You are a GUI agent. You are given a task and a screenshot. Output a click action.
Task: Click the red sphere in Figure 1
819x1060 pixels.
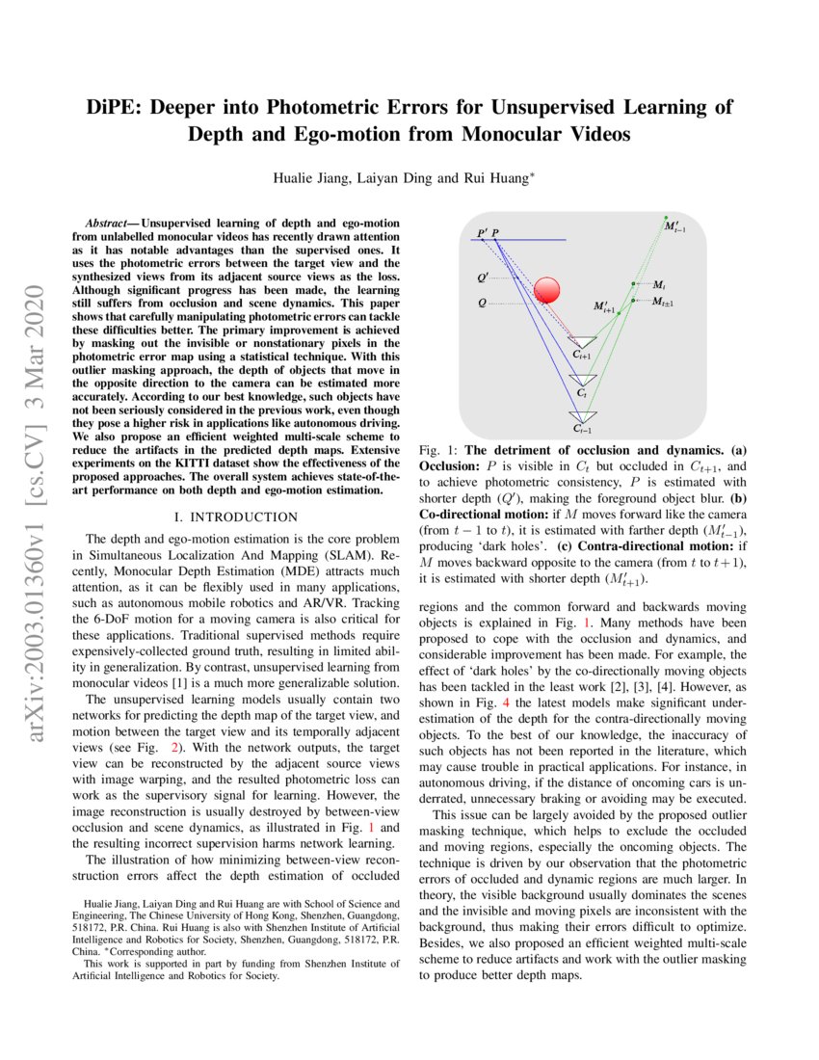pos(546,290)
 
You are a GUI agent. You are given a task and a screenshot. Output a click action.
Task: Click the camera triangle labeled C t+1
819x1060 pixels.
pos(583,342)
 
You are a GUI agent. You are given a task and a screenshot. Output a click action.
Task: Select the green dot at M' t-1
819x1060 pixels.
pos(665,216)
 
